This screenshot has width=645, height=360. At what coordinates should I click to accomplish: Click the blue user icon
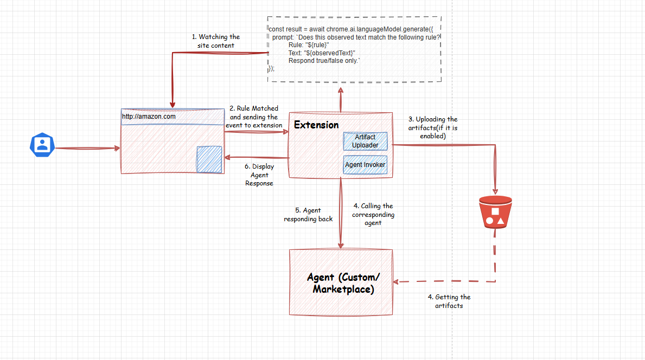(42, 145)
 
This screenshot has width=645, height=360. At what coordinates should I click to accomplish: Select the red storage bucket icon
(495, 212)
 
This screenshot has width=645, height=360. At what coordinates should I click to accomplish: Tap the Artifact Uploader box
(365, 141)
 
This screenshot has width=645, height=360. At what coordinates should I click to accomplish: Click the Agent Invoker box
(365, 165)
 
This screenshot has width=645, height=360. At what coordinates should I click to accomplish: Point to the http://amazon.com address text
(149, 117)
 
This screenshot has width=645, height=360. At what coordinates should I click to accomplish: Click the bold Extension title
(316, 125)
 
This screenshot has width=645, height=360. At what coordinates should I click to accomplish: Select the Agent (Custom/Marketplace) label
(343, 283)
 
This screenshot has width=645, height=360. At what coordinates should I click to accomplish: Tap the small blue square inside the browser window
(209, 159)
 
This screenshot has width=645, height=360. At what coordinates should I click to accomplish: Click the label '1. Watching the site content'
(216, 41)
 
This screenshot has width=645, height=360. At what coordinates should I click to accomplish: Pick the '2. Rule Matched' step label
(254, 117)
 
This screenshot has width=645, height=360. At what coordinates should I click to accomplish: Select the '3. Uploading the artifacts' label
(433, 127)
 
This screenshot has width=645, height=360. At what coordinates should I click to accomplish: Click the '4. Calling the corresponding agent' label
(373, 214)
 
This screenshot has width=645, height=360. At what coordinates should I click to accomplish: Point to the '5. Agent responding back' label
(308, 215)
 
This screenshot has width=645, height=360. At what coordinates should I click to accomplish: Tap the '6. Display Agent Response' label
(259, 175)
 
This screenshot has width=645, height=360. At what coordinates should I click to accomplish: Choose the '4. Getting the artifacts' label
(449, 301)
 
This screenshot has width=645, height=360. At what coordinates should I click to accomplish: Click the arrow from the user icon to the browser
(88, 148)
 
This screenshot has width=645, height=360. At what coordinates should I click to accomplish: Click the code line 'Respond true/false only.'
(324, 61)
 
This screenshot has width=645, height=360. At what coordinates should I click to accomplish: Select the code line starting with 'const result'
(351, 29)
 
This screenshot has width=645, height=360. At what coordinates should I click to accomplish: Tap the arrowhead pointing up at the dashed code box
(341, 91)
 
